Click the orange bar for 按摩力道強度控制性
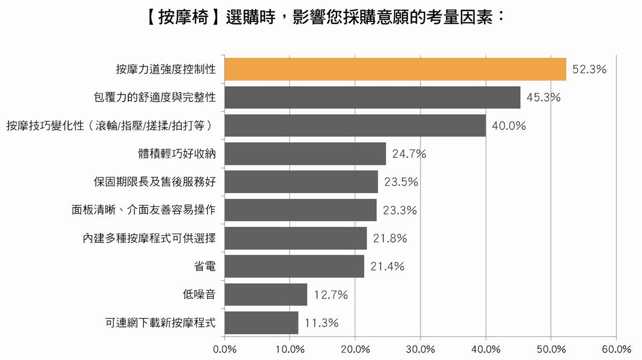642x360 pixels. click(x=395, y=69)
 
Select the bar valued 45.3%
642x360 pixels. click(x=372, y=97)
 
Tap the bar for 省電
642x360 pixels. click(x=294, y=266)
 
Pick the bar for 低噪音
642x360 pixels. click(x=266, y=295)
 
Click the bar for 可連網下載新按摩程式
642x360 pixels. click(x=262, y=323)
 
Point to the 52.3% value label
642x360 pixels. click(x=589, y=70)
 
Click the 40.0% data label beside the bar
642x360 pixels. click(x=509, y=126)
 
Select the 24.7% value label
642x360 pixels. click(x=409, y=154)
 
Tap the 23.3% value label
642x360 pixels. click(x=400, y=210)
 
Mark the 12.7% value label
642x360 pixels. click(x=331, y=295)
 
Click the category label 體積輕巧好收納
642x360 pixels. click(x=177, y=154)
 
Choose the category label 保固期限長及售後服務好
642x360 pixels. click(x=155, y=182)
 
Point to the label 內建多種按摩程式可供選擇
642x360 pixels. click(x=149, y=238)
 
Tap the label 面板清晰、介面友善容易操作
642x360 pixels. click(x=143, y=210)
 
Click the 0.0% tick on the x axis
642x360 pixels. click(x=225, y=349)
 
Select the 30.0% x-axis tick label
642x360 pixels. click(x=421, y=349)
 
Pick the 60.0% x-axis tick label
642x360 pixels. click(x=616, y=349)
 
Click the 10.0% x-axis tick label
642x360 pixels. click(x=290, y=349)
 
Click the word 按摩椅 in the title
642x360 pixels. click(x=183, y=18)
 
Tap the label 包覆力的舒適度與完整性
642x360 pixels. click(x=155, y=97)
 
